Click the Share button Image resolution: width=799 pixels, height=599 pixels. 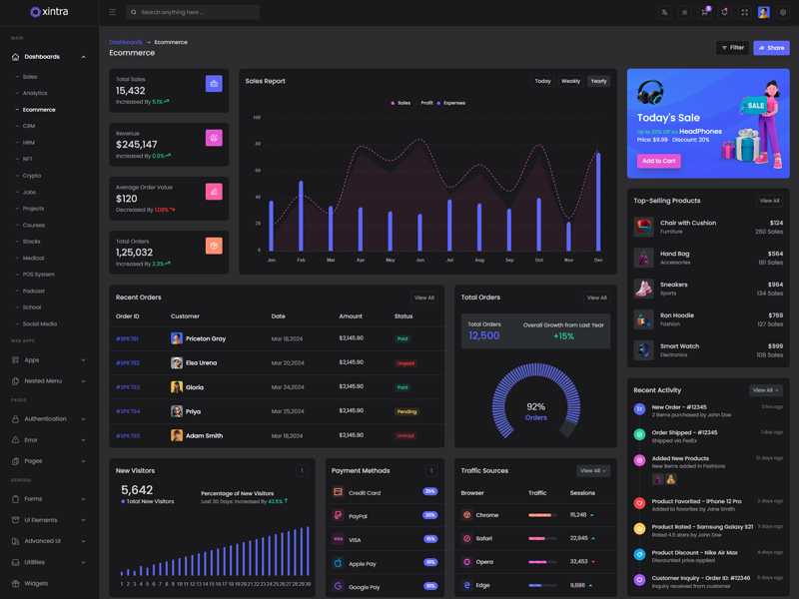click(x=771, y=48)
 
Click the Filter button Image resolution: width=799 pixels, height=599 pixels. click(x=733, y=48)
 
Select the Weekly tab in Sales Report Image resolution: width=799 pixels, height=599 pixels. click(x=570, y=81)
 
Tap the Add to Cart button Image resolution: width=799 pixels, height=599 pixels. click(x=658, y=160)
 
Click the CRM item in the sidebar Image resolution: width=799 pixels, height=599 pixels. click(x=29, y=126)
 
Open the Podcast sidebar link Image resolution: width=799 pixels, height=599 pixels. click(x=34, y=291)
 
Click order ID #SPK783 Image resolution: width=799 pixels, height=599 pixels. click(x=127, y=387)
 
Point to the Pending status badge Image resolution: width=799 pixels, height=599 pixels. click(x=406, y=411)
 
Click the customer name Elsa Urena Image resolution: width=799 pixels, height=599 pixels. click(x=201, y=363)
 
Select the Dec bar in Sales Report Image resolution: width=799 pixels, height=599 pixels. click(x=598, y=202)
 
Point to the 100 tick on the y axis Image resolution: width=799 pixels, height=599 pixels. click(x=257, y=118)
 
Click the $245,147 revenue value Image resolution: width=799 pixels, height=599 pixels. click(x=137, y=145)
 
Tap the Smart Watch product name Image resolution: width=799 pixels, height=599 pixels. click(x=679, y=345)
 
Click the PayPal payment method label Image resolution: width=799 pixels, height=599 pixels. click(x=358, y=516)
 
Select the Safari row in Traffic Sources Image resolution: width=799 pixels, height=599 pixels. click(x=485, y=538)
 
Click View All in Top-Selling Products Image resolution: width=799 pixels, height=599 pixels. click(x=768, y=201)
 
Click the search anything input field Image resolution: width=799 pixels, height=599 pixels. click(x=195, y=13)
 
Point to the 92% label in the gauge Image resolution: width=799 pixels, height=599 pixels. click(x=535, y=406)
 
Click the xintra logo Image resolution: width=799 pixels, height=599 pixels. click(x=49, y=12)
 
